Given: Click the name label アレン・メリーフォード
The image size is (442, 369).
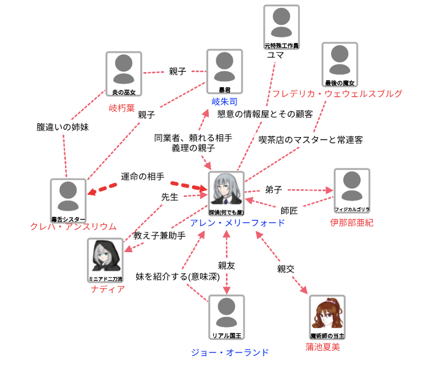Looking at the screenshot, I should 237,223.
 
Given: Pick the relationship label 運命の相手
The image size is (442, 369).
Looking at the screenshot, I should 143,176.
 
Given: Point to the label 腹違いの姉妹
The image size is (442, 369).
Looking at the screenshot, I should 62,127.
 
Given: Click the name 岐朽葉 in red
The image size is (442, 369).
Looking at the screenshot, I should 122,108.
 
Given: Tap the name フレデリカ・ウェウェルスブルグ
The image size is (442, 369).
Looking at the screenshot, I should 337,93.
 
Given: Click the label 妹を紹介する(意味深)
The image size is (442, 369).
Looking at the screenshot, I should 168,277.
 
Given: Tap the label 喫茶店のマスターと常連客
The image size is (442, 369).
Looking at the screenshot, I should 311,140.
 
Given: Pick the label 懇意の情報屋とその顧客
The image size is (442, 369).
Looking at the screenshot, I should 265,114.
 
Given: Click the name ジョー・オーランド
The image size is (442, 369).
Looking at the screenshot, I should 230,352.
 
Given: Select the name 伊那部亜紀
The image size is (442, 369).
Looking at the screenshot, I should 352,223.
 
